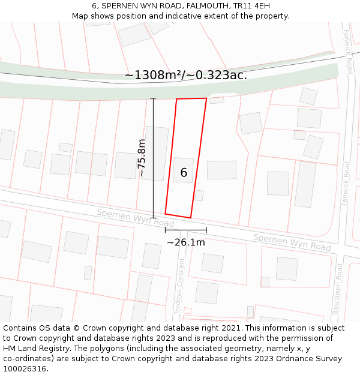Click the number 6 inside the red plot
click(184, 173)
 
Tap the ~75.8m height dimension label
click(142, 158)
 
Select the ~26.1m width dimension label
click(185, 242)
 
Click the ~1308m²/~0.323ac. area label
click(185, 75)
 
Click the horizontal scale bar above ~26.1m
click(185, 230)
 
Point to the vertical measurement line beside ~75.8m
click(153, 158)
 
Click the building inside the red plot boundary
click(183, 170)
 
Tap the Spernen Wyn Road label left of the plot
click(135, 218)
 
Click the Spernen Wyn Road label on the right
click(292, 242)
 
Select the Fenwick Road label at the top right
click(347, 52)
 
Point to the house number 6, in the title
click(95, 6)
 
